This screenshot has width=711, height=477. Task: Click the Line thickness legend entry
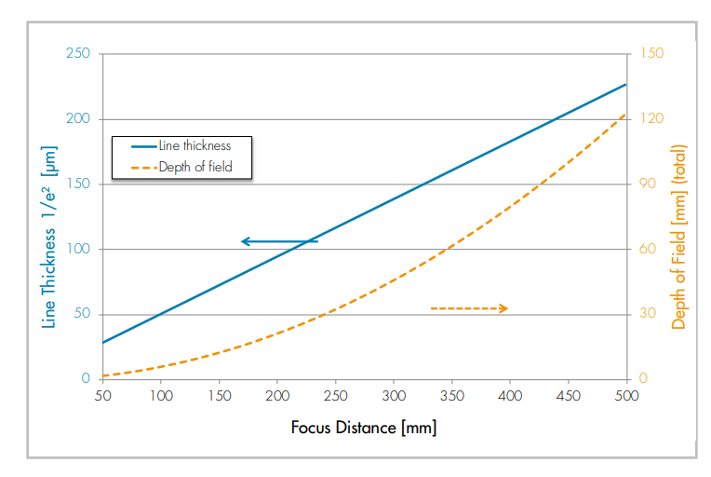181,146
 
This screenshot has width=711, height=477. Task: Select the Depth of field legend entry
181,168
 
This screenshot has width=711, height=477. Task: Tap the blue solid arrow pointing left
279,241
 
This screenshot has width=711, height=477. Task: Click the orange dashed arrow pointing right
469,308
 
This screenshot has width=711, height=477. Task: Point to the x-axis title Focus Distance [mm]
363,429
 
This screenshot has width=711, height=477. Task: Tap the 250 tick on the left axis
78,53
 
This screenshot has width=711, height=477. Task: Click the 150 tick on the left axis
78,184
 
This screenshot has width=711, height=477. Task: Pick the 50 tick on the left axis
82,314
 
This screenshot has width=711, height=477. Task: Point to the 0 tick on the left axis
86,379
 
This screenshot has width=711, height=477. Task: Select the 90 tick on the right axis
649,184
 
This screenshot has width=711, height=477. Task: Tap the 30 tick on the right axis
649,314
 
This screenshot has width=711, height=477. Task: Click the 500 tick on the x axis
626,396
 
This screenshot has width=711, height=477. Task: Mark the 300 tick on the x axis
394,396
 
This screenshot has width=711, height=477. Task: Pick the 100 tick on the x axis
161,396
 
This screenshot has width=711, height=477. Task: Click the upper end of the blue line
625,84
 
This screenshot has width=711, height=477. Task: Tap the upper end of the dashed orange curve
625,114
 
